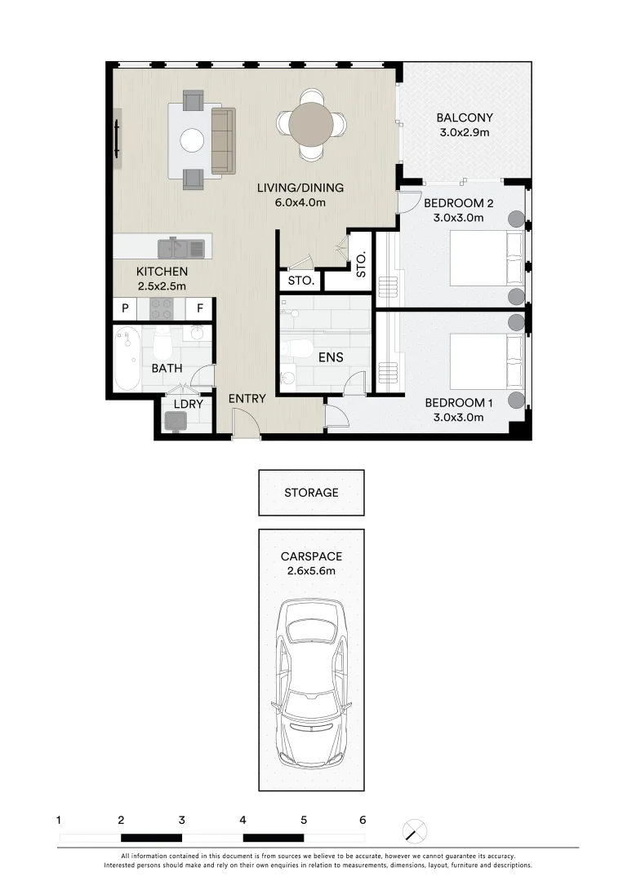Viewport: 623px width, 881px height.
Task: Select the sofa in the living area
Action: click(x=222, y=140)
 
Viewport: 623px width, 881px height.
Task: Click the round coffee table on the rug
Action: click(x=193, y=140)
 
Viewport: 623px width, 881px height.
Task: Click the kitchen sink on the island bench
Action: click(x=181, y=248)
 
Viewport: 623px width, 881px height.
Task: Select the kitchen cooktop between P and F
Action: click(x=161, y=308)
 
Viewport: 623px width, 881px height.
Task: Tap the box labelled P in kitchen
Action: click(x=126, y=308)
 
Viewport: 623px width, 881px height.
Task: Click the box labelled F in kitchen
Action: click(x=198, y=308)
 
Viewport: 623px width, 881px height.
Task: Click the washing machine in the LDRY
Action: click(x=176, y=421)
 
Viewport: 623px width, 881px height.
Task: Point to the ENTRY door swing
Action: click(x=245, y=424)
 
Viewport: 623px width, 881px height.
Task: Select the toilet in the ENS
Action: click(x=299, y=349)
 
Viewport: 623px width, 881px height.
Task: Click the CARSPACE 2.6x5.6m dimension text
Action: click(x=311, y=571)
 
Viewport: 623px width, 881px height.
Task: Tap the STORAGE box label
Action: click(x=311, y=493)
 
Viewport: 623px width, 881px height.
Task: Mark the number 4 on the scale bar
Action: click(x=243, y=820)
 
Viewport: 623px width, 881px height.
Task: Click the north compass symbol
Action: click(x=416, y=831)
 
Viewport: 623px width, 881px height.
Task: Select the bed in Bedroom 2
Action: click(x=486, y=257)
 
